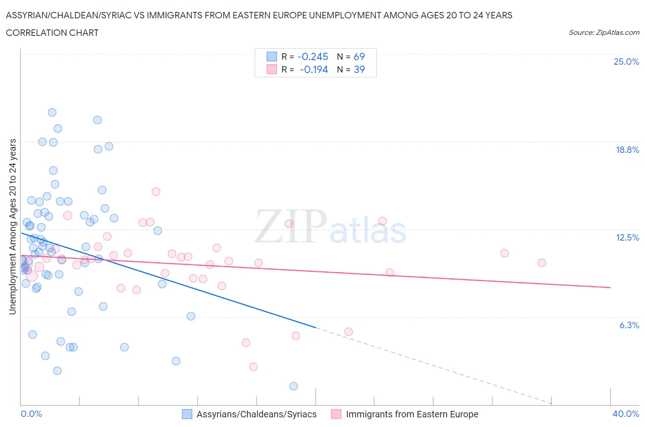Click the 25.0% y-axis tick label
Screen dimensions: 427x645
click(626, 62)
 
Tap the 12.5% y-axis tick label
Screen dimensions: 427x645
click(627, 237)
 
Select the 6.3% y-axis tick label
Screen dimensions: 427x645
click(629, 325)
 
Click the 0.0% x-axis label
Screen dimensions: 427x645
click(31, 414)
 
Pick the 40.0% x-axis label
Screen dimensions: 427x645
click(626, 414)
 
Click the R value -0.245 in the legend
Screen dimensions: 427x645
click(313, 56)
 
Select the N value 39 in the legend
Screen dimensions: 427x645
click(359, 69)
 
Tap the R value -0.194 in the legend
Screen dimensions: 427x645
click(314, 69)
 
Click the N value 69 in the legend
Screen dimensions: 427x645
click(359, 56)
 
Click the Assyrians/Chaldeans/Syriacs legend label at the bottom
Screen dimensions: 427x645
click(256, 414)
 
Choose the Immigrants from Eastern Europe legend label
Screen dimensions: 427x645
click(412, 414)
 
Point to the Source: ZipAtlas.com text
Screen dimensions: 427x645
click(604, 33)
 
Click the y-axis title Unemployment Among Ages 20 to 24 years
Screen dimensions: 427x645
click(12, 226)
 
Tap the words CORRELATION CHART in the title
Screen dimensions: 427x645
click(52, 33)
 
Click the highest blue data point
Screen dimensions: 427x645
click(52, 112)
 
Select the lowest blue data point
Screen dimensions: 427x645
click(294, 386)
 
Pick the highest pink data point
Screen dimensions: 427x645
click(156, 191)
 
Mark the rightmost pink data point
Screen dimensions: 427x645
click(542, 263)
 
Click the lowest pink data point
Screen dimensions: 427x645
click(253, 366)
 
